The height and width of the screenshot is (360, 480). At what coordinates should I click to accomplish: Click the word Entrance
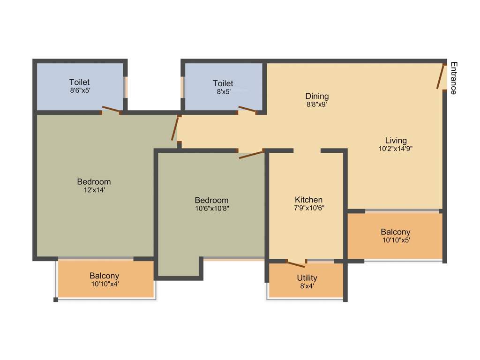pyautogui.click(x=453, y=78)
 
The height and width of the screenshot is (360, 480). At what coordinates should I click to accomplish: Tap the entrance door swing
pyautogui.click(x=441, y=76)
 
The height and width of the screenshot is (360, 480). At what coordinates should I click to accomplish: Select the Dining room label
pyautogui.click(x=317, y=96)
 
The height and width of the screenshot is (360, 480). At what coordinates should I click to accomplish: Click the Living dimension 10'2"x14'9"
pyautogui.click(x=396, y=149)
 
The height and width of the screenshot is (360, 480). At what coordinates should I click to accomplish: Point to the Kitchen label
pyautogui.click(x=308, y=200)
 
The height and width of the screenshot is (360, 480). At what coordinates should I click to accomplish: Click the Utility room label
pyautogui.click(x=307, y=278)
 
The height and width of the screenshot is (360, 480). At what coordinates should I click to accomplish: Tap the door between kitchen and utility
pyautogui.click(x=295, y=264)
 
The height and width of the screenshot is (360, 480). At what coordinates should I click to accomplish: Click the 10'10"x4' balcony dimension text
pyautogui.click(x=104, y=284)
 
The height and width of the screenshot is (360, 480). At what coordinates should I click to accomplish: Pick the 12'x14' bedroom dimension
pyautogui.click(x=94, y=190)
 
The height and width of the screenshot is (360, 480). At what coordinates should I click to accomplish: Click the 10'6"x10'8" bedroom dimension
pyautogui.click(x=212, y=209)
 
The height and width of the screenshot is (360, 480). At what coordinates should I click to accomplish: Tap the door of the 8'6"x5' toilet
pyautogui.click(x=111, y=110)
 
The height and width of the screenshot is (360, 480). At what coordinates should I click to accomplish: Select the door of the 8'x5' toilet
pyautogui.click(x=247, y=110)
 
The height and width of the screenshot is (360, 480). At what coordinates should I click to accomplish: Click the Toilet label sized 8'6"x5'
pyautogui.click(x=79, y=82)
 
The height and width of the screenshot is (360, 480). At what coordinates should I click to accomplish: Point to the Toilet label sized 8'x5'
pyautogui.click(x=223, y=83)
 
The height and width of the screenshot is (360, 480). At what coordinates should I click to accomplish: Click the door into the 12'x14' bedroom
pyautogui.click(x=175, y=128)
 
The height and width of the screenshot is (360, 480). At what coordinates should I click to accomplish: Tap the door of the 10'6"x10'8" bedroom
pyautogui.click(x=251, y=155)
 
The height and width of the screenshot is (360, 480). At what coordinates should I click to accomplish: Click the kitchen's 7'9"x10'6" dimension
pyautogui.click(x=308, y=208)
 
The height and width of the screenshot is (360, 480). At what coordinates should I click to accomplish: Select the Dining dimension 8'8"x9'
pyautogui.click(x=317, y=105)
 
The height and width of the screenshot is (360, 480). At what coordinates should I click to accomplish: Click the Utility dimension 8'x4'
pyautogui.click(x=307, y=286)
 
